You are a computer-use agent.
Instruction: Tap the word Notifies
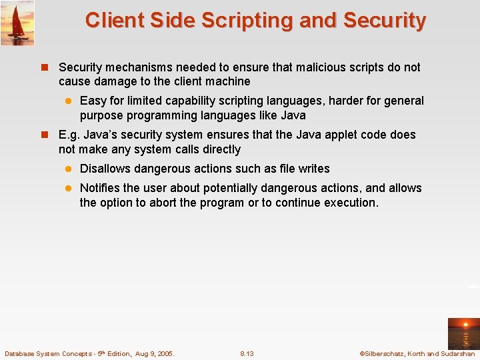tap(100, 188)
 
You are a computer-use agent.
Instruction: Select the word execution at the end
tap(351, 202)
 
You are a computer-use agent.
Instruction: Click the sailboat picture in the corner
tap(17, 23)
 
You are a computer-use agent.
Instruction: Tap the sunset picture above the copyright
tap(463, 333)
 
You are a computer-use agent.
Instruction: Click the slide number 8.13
tap(247, 353)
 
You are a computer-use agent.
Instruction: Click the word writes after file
tap(313, 169)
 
